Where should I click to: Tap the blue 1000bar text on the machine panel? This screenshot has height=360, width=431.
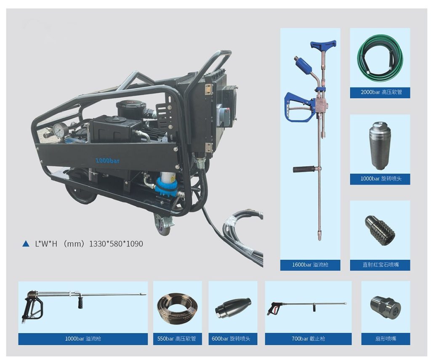point(107,160)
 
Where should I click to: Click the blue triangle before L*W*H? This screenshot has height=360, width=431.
point(26,244)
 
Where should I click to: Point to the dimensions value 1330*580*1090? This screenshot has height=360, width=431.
point(116,244)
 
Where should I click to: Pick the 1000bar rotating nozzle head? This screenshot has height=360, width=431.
point(380,145)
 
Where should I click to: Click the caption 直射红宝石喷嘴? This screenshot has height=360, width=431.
point(380,265)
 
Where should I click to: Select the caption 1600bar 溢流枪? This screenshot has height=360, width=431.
point(310,265)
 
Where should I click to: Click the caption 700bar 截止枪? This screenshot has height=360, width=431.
point(308,339)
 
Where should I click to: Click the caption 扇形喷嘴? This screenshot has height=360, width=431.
point(386,339)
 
